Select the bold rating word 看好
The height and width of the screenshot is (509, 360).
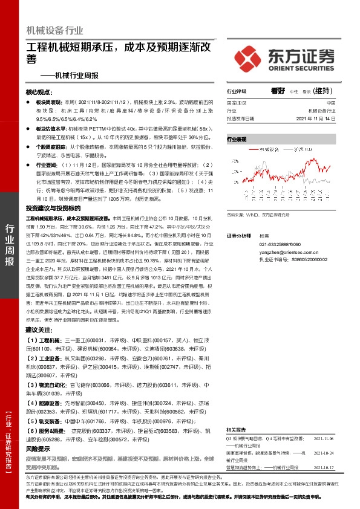click(x=278, y=91)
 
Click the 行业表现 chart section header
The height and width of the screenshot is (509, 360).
click(x=237, y=140)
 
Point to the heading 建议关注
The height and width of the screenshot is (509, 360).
click(x=39, y=329)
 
